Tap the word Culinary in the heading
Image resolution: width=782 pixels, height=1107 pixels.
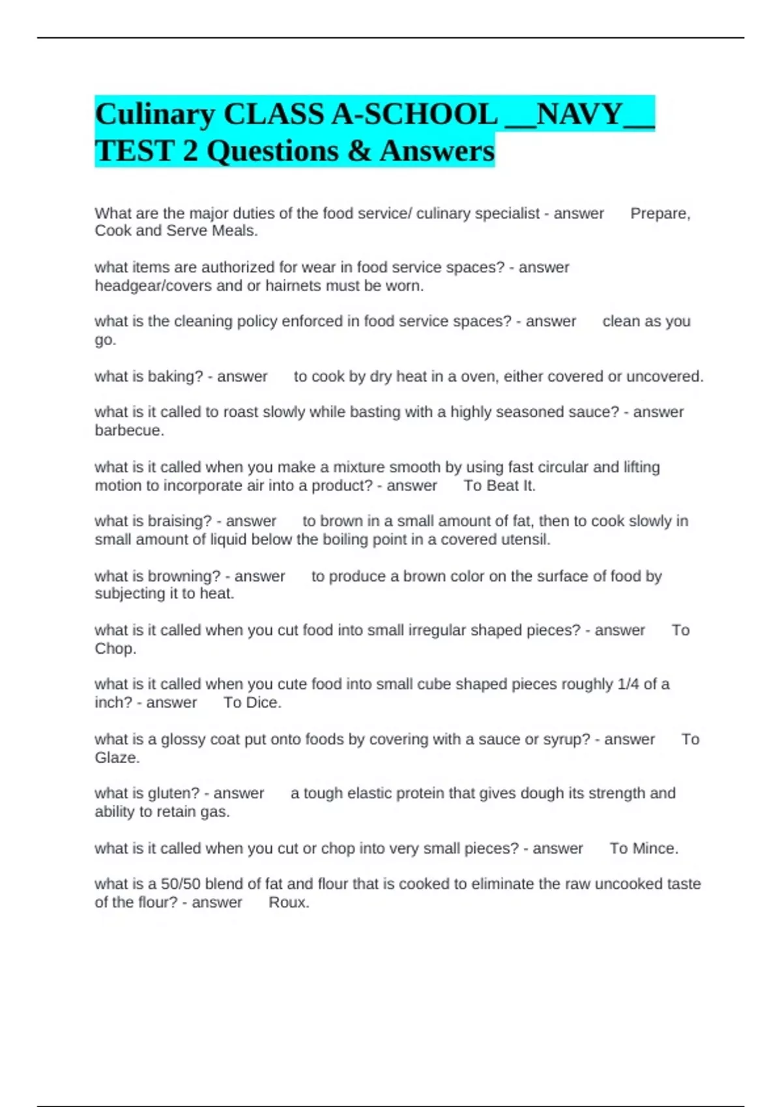click(x=154, y=115)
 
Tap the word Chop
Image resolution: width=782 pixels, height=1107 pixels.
click(x=114, y=649)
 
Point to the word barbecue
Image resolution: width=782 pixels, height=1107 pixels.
click(x=128, y=430)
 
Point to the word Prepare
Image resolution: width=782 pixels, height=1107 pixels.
click(x=659, y=214)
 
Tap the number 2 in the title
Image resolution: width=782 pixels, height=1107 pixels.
click(x=190, y=151)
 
